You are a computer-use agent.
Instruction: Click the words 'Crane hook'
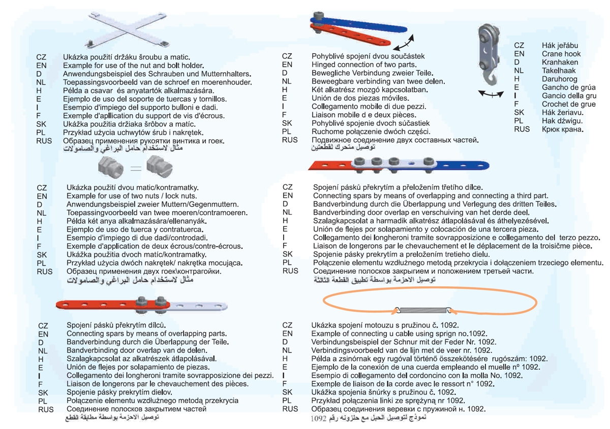pyautogui.click(x=561, y=54)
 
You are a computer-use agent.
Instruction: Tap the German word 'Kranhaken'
pyautogui.click(x=560, y=62)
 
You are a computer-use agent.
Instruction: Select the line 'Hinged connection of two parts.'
pyautogui.click(x=363, y=64)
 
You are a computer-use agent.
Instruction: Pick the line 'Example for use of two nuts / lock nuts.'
pyautogui.click(x=132, y=196)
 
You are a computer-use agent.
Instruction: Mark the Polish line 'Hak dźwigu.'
pyautogui.click(x=562, y=121)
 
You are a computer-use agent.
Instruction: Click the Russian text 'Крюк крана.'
pyautogui.click(x=562, y=129)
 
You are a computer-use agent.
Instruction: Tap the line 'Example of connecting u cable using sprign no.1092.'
pyautogui.click(x=399, y=334)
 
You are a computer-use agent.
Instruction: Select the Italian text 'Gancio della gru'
pyautogui.click(x=569, y=96)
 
